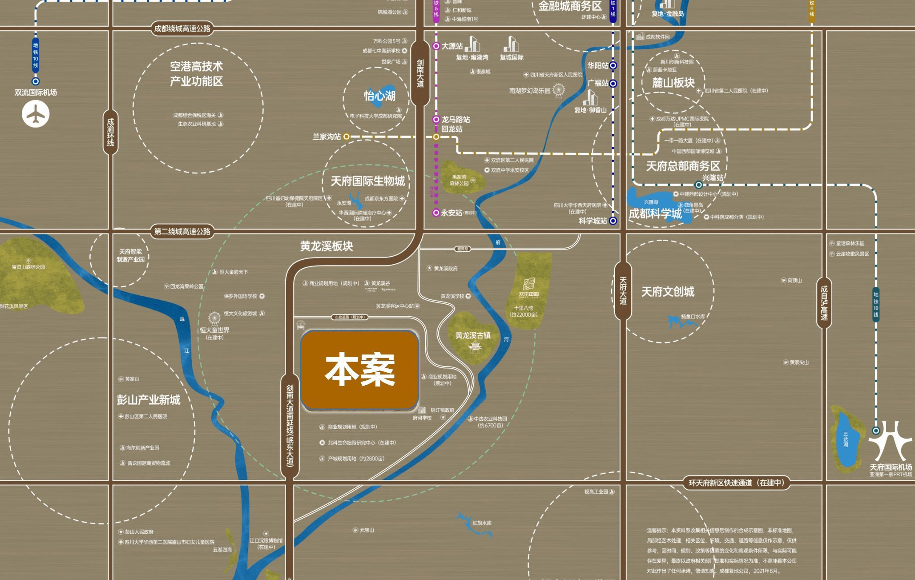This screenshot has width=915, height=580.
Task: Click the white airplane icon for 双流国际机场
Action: pos(36,114)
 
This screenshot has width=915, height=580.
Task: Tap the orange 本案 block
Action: pos(360,370)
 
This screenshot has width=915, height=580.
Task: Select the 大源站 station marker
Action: pos(436,46)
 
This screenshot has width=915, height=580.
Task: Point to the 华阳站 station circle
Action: pos(613,65)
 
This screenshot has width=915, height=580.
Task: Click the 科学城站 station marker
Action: pos(613,221)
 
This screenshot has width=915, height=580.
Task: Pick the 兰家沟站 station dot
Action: pos(347,137)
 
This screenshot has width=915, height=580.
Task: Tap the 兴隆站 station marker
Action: pos(699,185)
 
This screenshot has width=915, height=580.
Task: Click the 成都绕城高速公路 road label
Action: pos(182,29)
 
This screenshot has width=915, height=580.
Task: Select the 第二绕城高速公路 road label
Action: pos(182,232)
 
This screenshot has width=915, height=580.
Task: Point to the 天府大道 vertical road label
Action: pos(623,291)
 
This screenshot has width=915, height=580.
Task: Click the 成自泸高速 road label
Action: pos(824,302)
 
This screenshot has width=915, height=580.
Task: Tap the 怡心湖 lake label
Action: pos(379,96)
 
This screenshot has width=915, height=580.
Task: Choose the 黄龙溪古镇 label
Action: pos(473,335)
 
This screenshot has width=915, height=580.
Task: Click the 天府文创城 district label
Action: pos(667,292)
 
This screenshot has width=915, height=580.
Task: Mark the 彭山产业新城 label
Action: pos(149,400)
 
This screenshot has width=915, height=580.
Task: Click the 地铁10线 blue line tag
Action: pos(36,55)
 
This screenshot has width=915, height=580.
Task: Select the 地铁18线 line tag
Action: pos(875,305)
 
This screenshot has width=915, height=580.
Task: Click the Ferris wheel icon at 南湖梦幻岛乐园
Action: pos(559,90)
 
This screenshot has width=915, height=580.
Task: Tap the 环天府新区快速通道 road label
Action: pos(736,483)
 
